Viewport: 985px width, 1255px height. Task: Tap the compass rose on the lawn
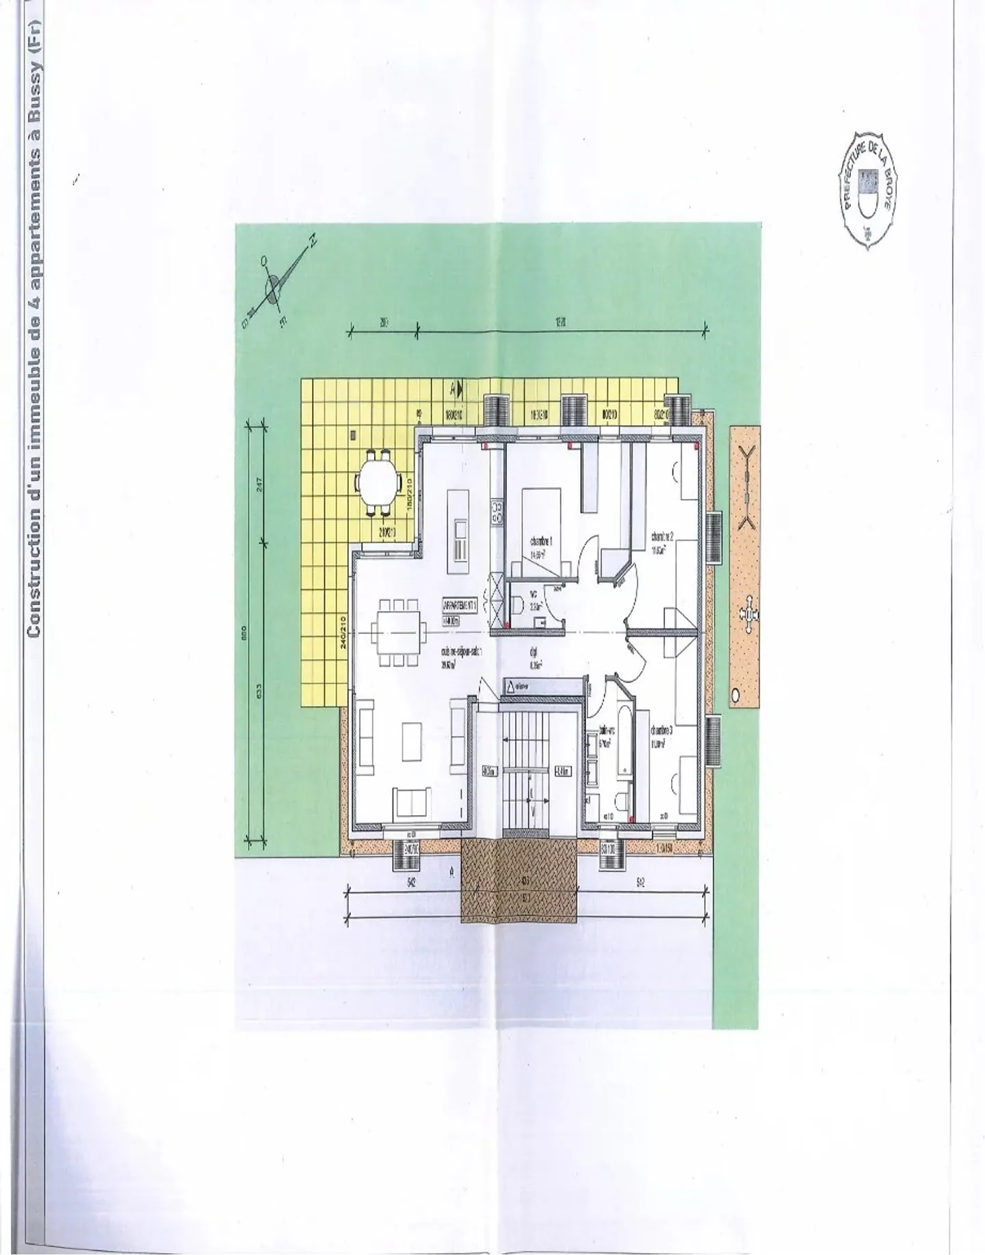point(274,288)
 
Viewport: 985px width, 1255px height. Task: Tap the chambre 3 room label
point(661,730)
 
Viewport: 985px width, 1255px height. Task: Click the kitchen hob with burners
point(497,514)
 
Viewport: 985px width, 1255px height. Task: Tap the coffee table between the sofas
point(412,741)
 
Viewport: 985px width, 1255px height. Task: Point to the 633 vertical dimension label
point(260,692)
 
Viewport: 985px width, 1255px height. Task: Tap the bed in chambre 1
point(541,527)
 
